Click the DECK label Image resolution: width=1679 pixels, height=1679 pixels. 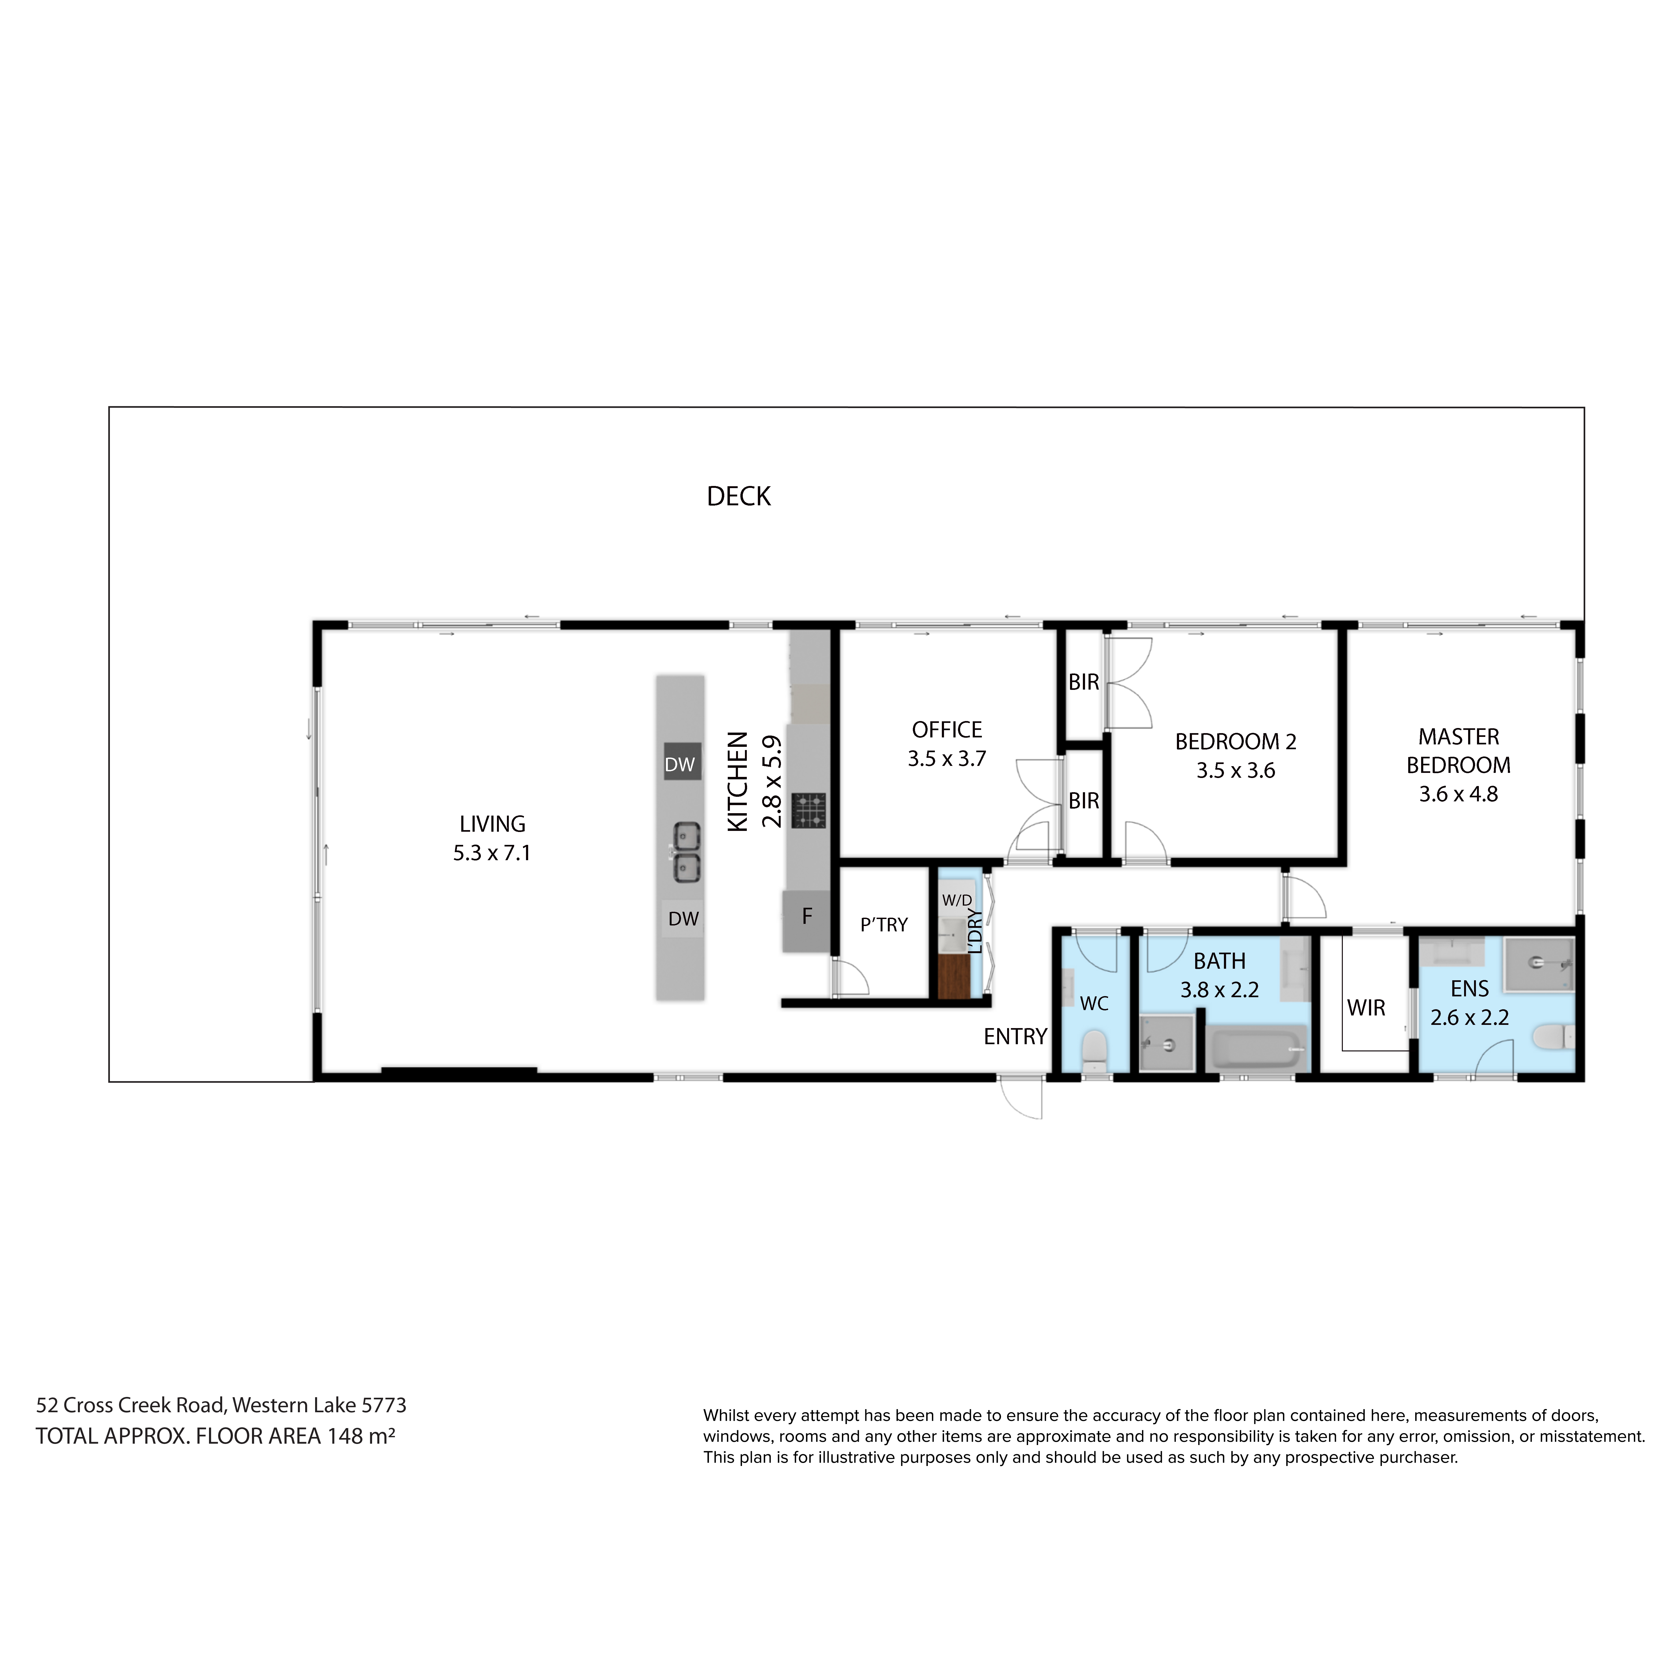click(739, 496)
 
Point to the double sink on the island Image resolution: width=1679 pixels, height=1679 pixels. click(685, 853)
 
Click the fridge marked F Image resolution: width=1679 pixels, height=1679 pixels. click(806, 920)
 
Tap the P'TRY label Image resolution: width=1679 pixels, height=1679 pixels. click(884, 925)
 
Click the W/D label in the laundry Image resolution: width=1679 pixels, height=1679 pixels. click(957, 900)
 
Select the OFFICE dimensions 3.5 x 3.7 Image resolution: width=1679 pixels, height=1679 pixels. click(947, 759)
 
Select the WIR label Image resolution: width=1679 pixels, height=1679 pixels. click(1366, 1008)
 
